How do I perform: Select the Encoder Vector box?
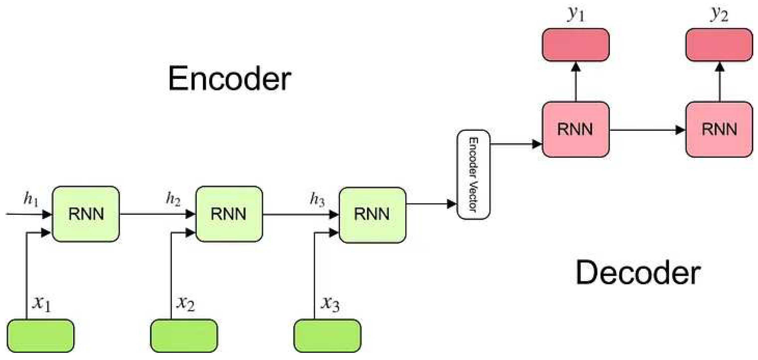point(474,175)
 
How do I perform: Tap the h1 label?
point(31,199)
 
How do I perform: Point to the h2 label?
point(173,199)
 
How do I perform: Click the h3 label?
point(317,199)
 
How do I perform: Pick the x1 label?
point(41,304)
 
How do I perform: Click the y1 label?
point(576,14)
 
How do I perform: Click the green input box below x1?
point(41,336)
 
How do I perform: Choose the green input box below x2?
point(184,336)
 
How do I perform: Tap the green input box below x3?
point(328,336)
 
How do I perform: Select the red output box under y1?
point(576,45)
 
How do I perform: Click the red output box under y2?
point(719,45)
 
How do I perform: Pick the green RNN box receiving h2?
point(229,214)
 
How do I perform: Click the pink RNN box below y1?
point(576,129)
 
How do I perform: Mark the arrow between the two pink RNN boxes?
point(647,130)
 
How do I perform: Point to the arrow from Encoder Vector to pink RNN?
point(516,144)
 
